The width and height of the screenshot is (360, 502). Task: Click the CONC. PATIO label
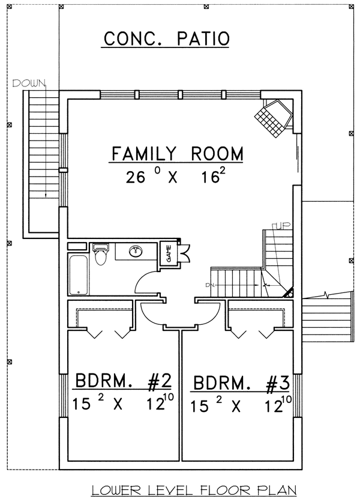tap(166, 38)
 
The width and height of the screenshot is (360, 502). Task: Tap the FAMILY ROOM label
tap(177, 154)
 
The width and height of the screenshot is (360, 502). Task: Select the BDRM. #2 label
tap(123, 380)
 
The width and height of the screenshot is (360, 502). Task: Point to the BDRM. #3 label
tap(242, 383)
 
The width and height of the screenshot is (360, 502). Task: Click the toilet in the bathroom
tap(101, 254)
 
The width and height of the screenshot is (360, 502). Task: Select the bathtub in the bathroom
tap(79, 274)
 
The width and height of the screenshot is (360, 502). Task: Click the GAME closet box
tap(169, 252)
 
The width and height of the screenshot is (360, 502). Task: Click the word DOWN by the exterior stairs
tap(29, 83)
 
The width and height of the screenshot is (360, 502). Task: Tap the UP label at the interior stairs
tap(281, 226)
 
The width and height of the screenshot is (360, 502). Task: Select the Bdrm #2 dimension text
tap(122, 402)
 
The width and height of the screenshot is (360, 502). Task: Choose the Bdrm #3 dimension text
tap(241, 404)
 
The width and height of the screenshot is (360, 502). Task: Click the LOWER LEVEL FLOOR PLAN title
tap(194, 490)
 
